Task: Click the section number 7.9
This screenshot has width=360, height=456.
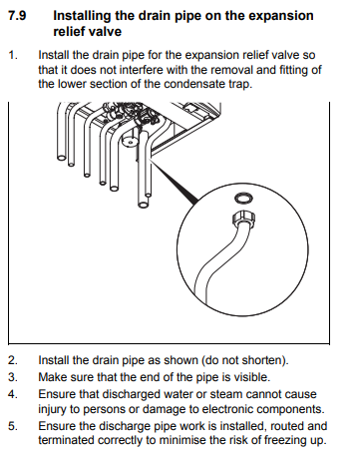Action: click(x=17, y=16)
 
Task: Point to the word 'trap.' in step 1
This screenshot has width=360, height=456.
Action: click(x=240, y=84)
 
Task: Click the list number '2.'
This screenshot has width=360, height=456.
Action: click(x=13, y=360)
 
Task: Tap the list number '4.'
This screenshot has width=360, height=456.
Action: click(x=13, y=394)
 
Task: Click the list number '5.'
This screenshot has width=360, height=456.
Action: click(x=13, y=426)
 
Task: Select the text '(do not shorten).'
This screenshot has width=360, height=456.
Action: click(x=245, y=360)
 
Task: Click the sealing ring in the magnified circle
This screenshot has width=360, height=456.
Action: click(x=243, y=199)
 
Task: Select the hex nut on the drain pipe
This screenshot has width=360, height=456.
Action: click(x=243, y=219)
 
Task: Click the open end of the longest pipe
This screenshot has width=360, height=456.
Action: click(x=143, y=205)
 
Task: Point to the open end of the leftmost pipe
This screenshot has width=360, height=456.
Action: click(x=62, y=157)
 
